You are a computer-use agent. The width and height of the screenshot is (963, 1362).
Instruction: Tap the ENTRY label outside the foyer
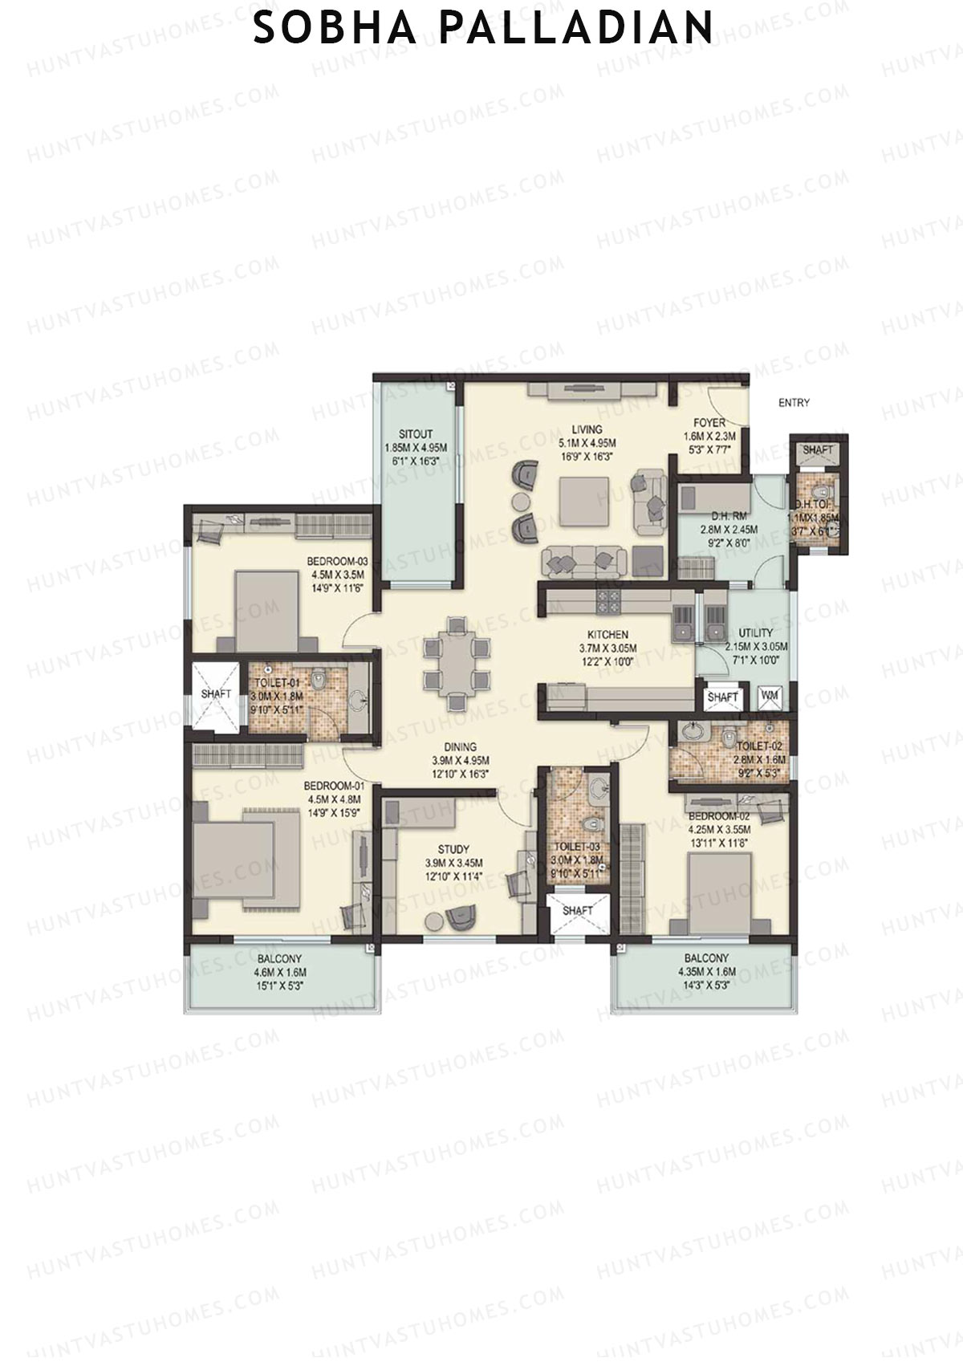point(794,403)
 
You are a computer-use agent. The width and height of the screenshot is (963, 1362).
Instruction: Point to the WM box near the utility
point(769,696)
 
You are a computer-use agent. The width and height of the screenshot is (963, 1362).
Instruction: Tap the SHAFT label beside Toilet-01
point(216,693)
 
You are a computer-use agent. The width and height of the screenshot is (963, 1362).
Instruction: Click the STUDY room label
point(453,849)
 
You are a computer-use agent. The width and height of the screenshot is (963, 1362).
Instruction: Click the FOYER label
point(709,423)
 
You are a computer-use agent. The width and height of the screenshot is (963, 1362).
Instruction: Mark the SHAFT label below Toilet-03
point(577,911)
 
